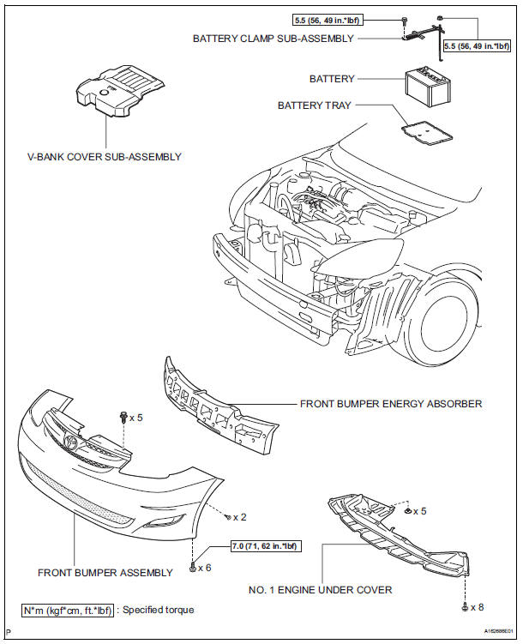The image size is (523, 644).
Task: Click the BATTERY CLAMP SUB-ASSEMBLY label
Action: coord(273,39)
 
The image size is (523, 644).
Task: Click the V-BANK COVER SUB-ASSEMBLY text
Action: coord(105,157)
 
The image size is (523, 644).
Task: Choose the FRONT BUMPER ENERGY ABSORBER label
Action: coord(390,403)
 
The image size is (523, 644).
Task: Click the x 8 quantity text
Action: coord(477,607)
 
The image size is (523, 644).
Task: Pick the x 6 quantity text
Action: coord(206,568)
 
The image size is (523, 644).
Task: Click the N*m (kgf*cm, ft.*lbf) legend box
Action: coord(67,611)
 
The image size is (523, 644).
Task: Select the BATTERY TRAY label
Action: coord(316,105)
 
